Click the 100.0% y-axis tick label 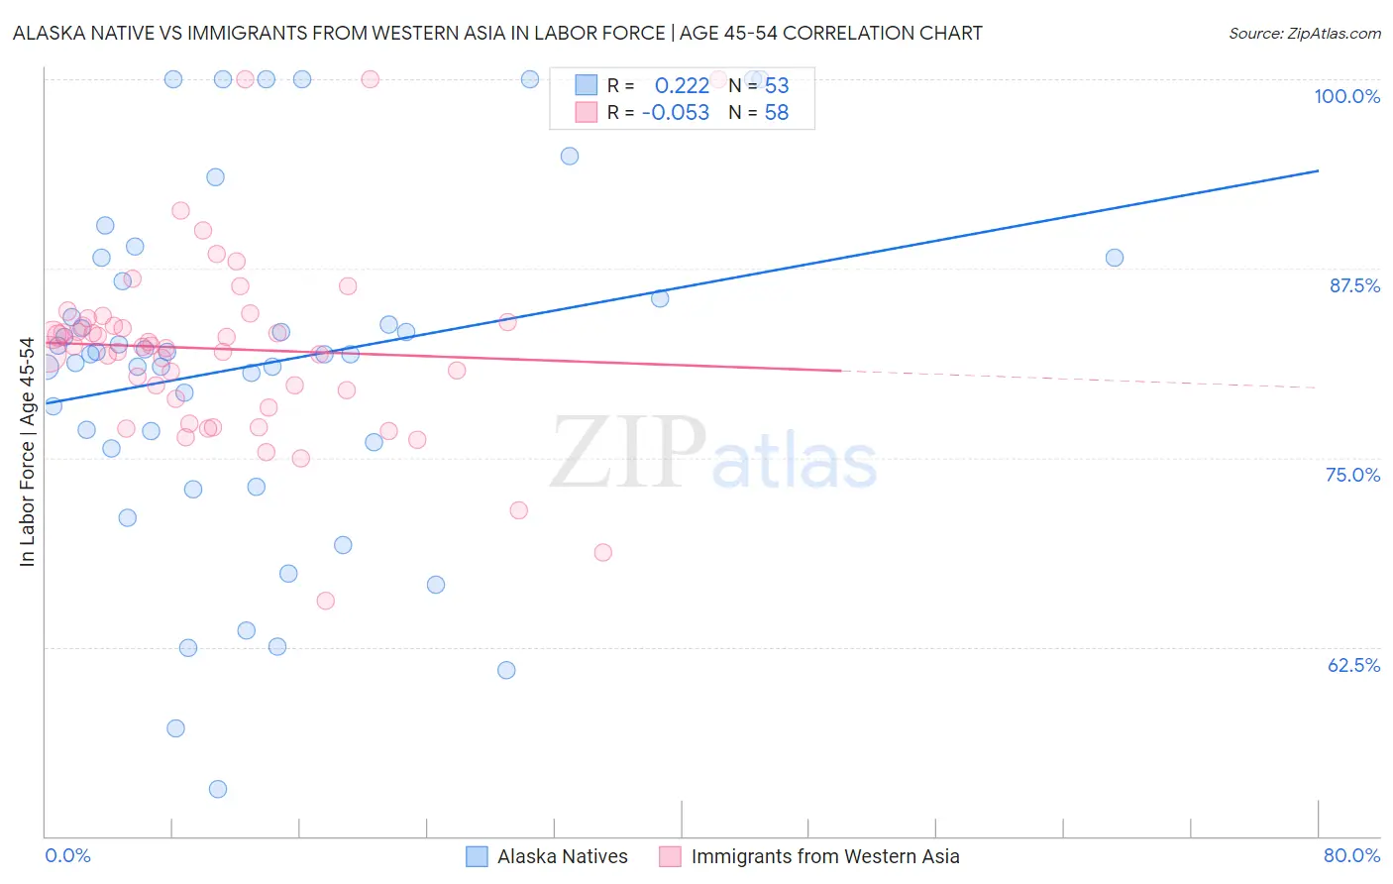(x=1346, y=96)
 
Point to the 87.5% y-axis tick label (x=1354, y=285)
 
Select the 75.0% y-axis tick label (x=1352, y=475)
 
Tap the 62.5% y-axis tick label (x=1353, y=665)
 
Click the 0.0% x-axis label (x=67, y=855)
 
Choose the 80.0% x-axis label (x=1351, y=855)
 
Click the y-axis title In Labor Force (x=27, y=452)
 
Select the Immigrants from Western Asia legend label (x=824, y=856)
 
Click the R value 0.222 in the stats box (x=682, y=86)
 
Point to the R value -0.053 (x=676, y=113)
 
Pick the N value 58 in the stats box (x=777, y=113)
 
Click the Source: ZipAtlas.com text (x=1304, y=34)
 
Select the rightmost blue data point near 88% (x=1115, y=258)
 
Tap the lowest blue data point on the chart (x=218, y=789)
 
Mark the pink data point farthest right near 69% (x=603, y=552)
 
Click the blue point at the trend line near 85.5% (x=660, y=298)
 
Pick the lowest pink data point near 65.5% (x=325, y=601)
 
